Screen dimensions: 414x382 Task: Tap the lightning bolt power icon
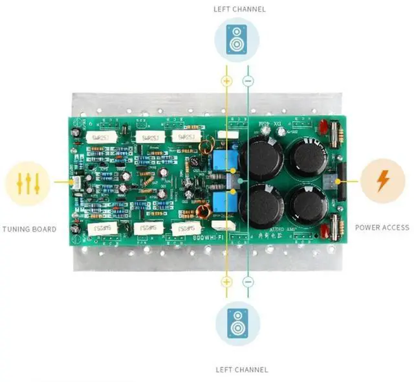point(383,182)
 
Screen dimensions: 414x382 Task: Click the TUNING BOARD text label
point(29,229)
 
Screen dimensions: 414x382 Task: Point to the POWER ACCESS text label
point(382,227)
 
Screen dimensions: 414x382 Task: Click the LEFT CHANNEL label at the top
point(239,9)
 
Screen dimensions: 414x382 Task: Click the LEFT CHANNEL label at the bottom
point(241,370)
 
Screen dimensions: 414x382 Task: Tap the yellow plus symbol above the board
point(226,81)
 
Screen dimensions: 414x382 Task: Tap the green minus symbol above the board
point(248,81)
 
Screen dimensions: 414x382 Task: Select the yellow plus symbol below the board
point(226,282)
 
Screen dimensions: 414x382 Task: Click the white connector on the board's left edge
point(77,183)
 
